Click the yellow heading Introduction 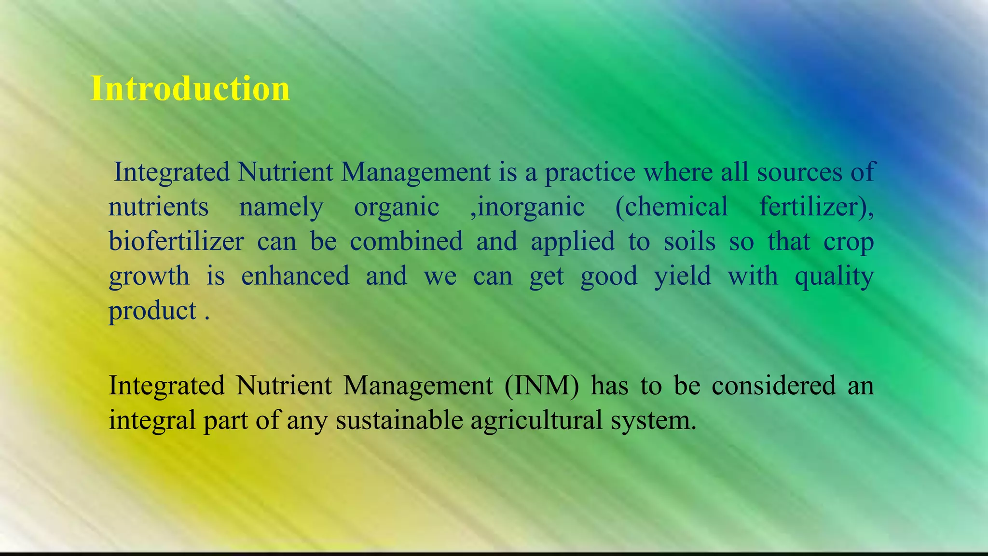point(190,89)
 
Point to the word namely point(281,208)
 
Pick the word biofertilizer point(176,241)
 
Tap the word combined point(406,241)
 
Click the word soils point(689,241)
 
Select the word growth point(149,277)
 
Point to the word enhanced point(295,276)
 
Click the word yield point(682,277)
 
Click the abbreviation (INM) point(541,386)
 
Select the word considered point(773,386)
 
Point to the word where point(678,172)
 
